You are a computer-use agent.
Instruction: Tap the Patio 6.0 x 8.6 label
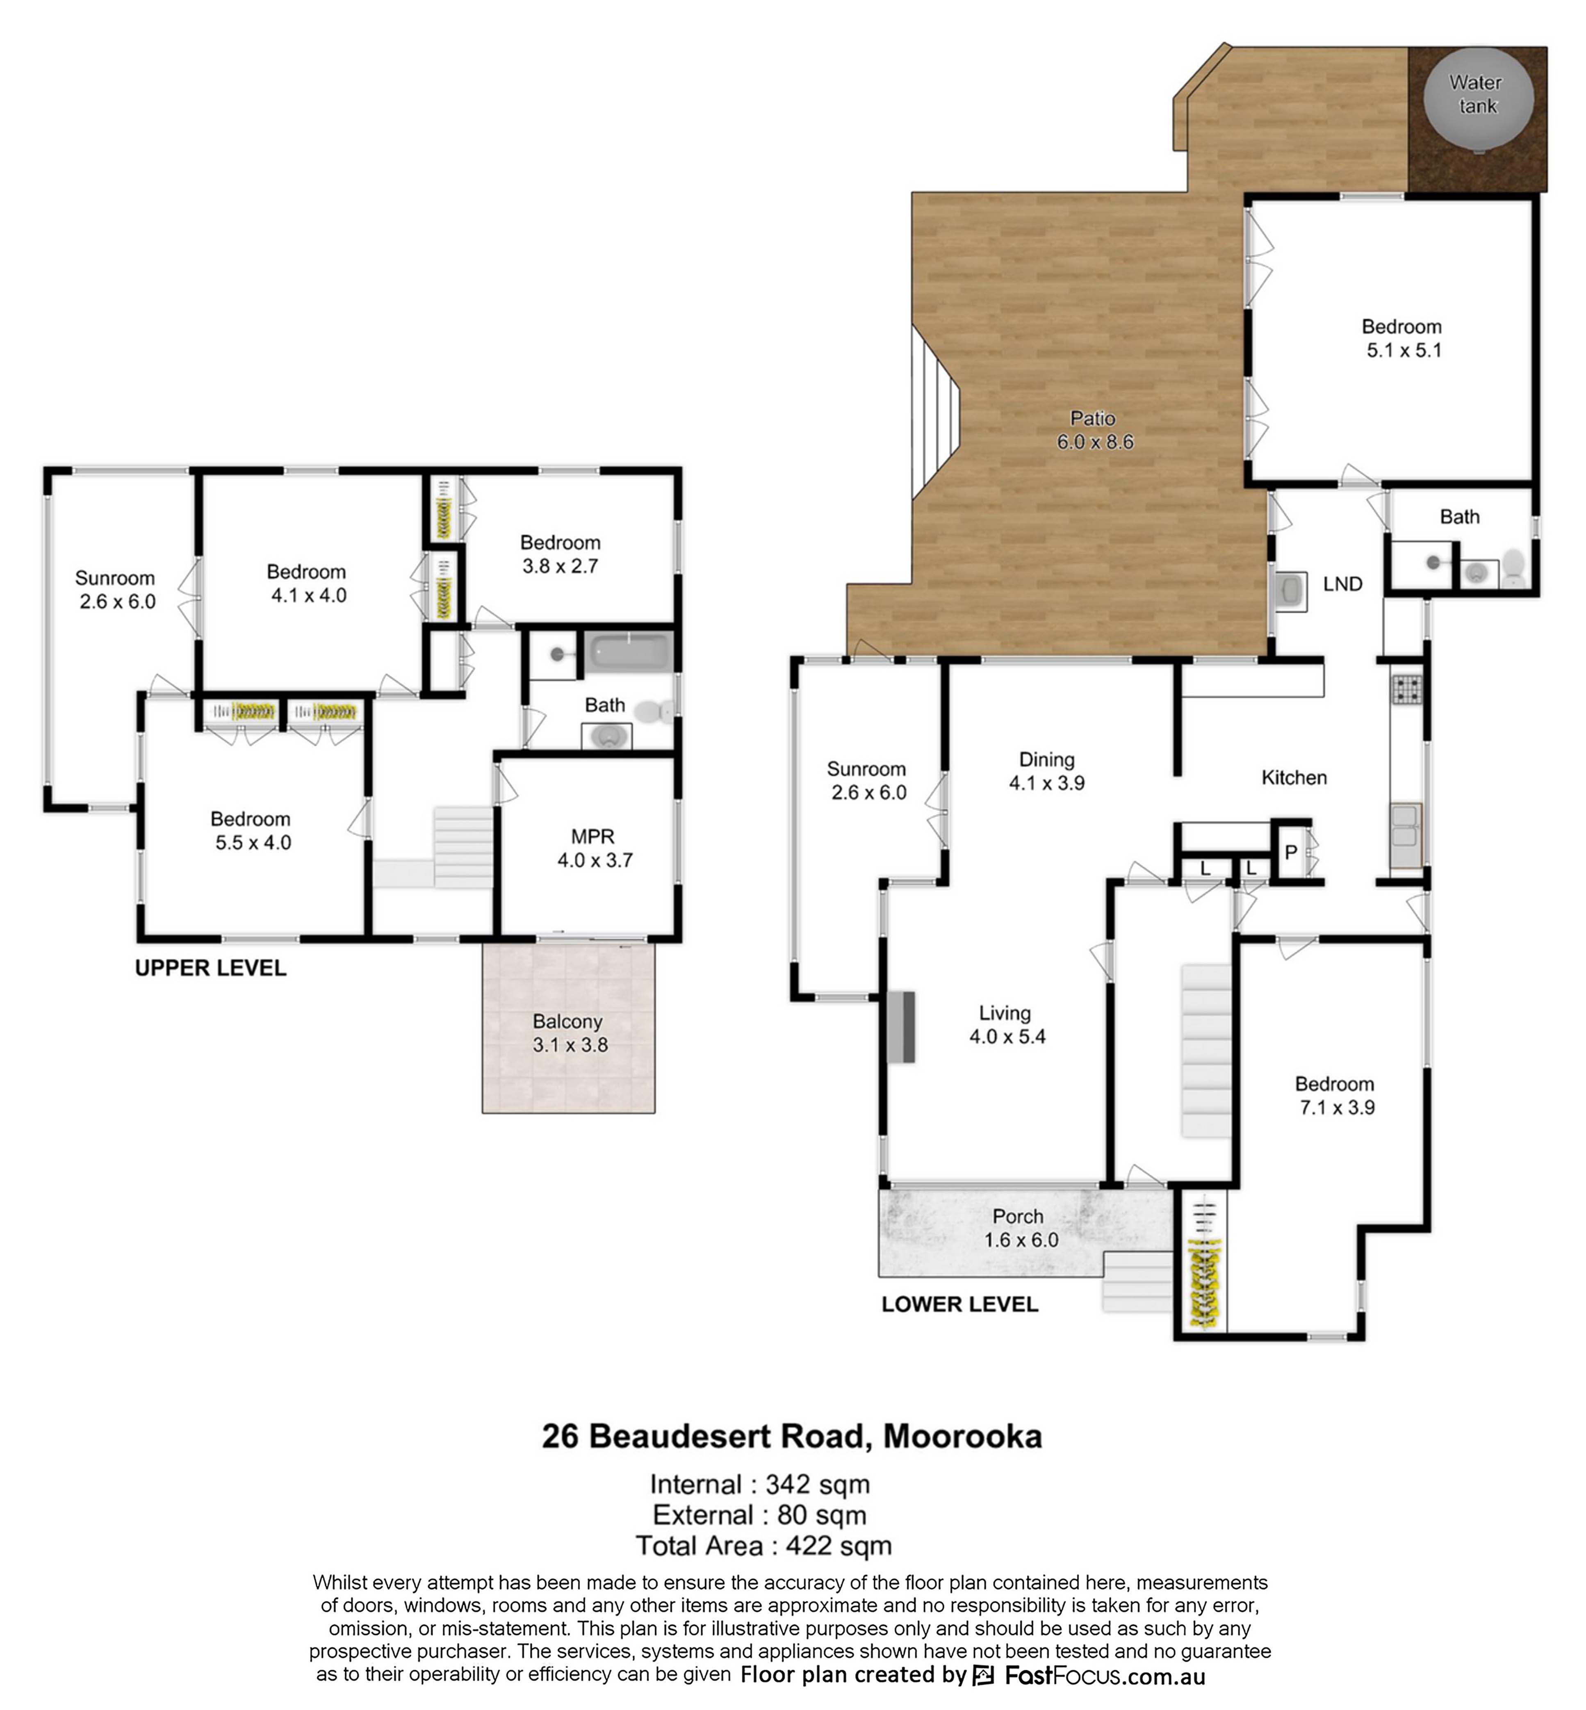click(1094, 430)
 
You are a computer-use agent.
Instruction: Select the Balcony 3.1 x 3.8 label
click(569, 1033)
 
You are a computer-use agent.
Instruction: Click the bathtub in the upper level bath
click(628, 652)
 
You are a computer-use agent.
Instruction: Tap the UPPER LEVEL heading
click(210, 968)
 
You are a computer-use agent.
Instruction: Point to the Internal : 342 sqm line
click(759, 1484)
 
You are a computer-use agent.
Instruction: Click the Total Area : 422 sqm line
click(763, 1546)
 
